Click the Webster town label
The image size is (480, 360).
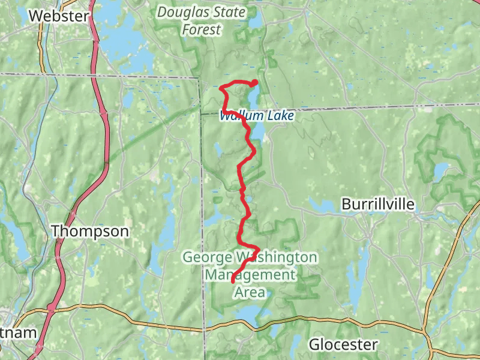coord(58,16)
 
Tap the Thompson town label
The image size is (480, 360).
coord(89,231)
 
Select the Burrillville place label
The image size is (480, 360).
coord(378,205)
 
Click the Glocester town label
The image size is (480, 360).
coord(343,344)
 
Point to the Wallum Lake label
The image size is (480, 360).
coord(257,116)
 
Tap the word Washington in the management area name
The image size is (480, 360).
coord(277,258)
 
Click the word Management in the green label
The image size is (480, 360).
coord(250,275)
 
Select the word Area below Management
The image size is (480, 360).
coord(250,292)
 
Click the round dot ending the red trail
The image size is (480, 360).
coord(255,82)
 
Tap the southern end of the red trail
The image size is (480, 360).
coord(233,281)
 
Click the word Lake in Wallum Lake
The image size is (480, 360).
coord(281,116)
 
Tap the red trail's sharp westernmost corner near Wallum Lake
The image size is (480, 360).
coord(221,89)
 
